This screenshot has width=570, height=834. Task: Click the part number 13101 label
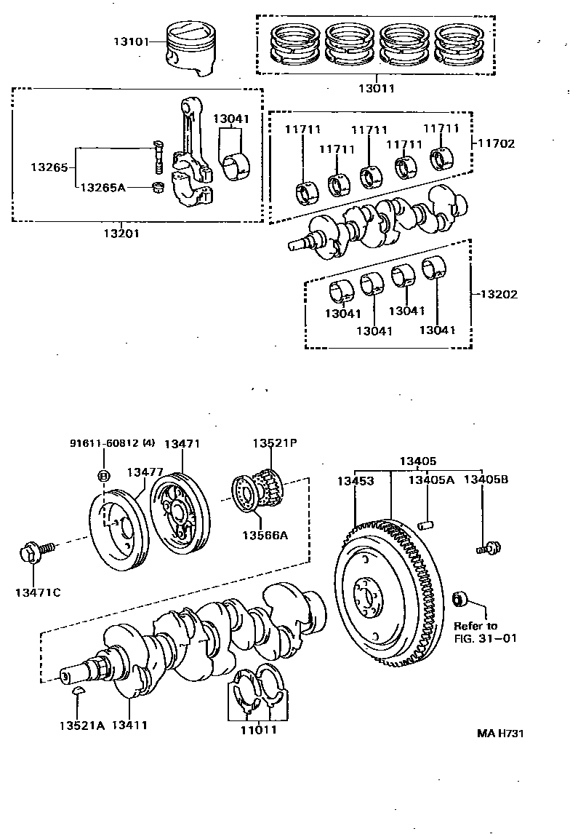click(129, 41)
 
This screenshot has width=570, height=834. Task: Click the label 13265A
click(103, 188)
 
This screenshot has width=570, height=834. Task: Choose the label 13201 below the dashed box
click(121, 234)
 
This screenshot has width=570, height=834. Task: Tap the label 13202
click(499, 295)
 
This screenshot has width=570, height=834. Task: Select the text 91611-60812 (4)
click(113, 443)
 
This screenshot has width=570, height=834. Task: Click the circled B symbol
click(103, 477)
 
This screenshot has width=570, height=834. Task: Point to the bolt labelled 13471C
click(33, 555)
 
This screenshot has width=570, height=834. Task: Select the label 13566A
click(265, 535)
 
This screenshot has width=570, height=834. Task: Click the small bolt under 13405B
click(486, 547)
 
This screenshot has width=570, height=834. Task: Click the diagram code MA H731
click(500, 733)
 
